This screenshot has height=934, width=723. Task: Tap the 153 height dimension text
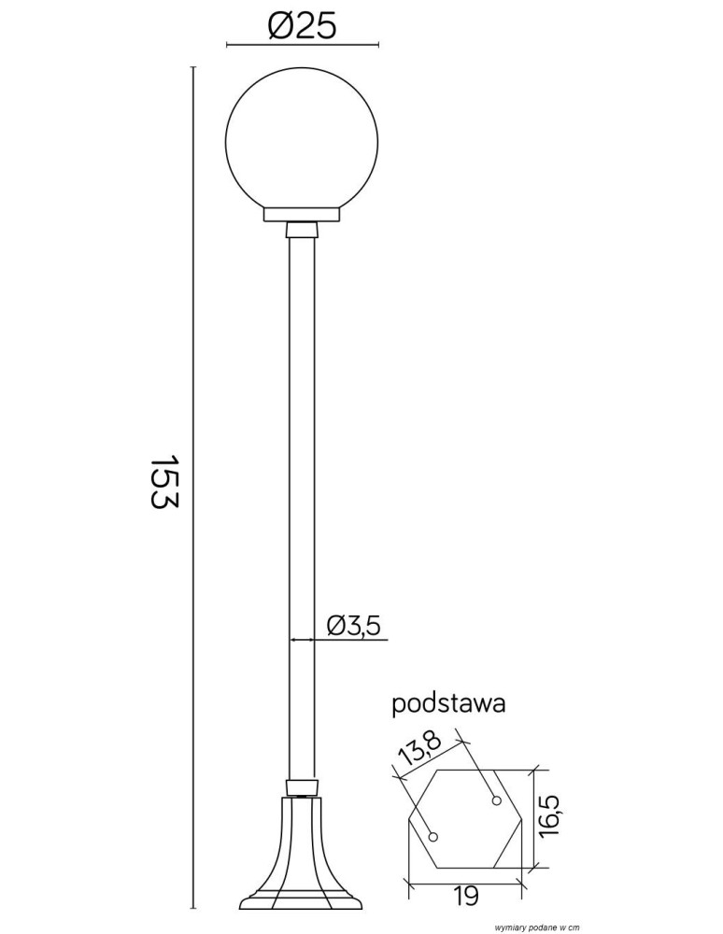click(163, 482)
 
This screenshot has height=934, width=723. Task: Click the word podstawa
click(448, 703)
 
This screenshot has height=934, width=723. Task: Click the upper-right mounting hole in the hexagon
click(497, 800)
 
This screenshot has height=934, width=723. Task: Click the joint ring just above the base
click(303, 785)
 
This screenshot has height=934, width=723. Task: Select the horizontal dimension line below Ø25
click(303, 44)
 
